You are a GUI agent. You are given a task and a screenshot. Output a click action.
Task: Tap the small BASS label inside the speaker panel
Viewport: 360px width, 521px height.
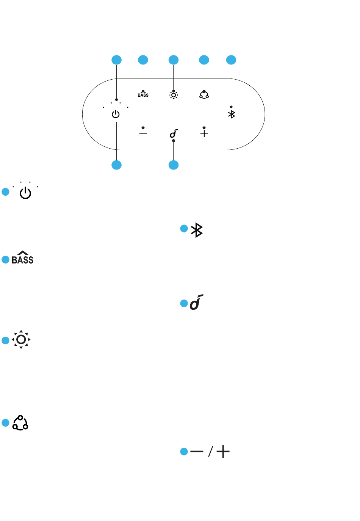pyautogui.click(x=143, y=95)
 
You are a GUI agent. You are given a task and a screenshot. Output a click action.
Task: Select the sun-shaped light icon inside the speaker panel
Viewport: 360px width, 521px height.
pyautogui.click(x=174, y=95)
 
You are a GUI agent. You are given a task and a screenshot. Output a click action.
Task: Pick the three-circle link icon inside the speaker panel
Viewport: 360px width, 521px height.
pyautogui.click(x=204, y=95)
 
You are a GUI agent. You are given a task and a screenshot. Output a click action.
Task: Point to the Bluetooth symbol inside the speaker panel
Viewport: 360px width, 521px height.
pyautogui.click(x=232, y=114)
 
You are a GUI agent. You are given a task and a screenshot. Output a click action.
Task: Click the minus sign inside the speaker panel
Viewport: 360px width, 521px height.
pyautogui.click(x=143, y=133)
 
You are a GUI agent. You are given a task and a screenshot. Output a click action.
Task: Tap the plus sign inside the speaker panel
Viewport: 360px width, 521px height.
pyautogui.click(x=204, y=133)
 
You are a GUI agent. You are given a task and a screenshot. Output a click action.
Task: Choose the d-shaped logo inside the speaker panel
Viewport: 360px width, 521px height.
pyautogui.click(x=174, y=133)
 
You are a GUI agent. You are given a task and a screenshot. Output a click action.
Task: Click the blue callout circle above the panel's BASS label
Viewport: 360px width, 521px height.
pyautogui.click(x=143, y=60)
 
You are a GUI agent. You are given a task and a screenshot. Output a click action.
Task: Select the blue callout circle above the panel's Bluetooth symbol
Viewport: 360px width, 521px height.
pyautogui.click(x=231, y=60)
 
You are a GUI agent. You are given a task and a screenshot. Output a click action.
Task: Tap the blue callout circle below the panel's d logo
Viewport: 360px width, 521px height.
pyautogui.click(x=174, y=165)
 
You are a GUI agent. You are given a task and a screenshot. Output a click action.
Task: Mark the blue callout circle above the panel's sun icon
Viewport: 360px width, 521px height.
pyautogui.click(x=174, y=60)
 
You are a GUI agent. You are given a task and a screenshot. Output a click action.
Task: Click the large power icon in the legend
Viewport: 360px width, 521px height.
pyautogui.click(x=25, y=193)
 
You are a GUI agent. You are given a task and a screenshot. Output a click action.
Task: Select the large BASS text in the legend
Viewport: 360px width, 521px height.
pyautogui.click(x=22, y=257)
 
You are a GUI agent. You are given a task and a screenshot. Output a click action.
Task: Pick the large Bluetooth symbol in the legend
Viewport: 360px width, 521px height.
pyautogui.click(x=197, y=230)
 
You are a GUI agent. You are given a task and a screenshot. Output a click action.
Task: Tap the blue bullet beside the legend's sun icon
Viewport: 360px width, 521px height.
pyautogui.click(x=5, y=340)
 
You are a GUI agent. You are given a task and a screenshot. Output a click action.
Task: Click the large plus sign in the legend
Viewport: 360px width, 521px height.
pyautogui.click(x=223, y=452)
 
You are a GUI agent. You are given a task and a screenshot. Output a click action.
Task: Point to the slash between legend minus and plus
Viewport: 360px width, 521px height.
pyautogui.click(x=210, y=452)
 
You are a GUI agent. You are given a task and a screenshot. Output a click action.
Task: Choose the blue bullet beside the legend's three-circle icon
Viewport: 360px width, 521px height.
pyautogui.click(x=5, y=423)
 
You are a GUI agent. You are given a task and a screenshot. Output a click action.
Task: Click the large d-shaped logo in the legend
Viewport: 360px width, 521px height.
pyautogui.click(x=196, y=302)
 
